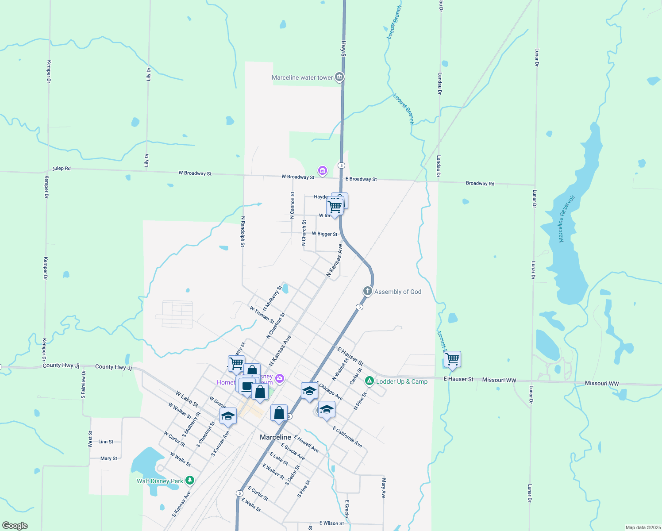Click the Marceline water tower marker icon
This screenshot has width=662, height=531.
339,77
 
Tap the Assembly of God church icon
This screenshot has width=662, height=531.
367,291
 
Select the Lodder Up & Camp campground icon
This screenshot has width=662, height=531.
369,381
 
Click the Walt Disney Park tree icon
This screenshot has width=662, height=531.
190,480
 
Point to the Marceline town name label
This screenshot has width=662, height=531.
275,437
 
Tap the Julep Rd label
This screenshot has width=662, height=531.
62,169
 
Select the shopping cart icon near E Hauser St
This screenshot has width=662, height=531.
452,359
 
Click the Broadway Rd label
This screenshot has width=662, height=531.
480,183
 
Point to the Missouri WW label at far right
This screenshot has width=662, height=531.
601,383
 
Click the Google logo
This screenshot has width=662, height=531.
15,526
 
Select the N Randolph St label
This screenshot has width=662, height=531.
242,231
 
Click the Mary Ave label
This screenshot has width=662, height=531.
384,488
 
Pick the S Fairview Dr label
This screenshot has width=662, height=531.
83,385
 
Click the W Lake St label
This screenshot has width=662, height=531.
187,399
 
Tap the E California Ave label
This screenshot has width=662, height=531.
347,437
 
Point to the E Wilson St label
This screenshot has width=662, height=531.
331,523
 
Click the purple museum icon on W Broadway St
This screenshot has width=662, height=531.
323,170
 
